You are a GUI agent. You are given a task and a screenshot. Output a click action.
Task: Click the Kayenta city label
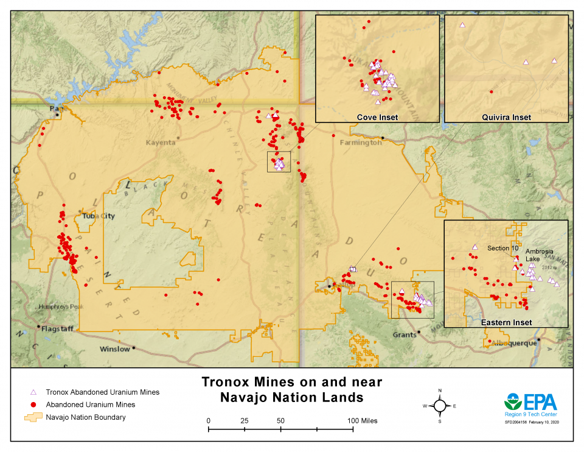tap(161, 142)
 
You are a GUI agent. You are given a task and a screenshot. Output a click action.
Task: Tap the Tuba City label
tap(98, 216)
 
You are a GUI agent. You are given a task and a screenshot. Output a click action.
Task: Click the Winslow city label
tap(115, 349)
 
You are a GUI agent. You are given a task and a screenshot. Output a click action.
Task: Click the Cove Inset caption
tap(377, 117)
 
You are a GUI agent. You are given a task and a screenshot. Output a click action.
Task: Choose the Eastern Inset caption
tap(506, 322)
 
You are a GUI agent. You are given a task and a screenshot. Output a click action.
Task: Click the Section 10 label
tap(502, 248)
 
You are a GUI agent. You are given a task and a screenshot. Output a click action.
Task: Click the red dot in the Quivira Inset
tap(491, 91)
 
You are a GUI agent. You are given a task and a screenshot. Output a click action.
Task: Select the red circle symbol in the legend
tap(34, 404)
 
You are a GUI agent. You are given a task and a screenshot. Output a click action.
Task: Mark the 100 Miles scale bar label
tap(363, 421)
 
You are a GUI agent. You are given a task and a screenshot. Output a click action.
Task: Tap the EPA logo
tap(530, 403)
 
